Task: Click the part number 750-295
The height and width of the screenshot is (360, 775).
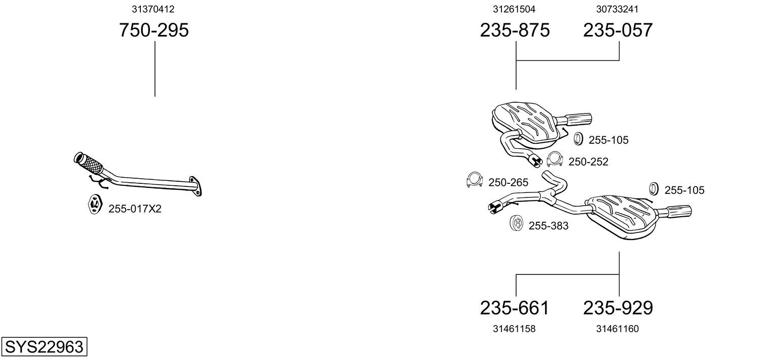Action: (154, 30)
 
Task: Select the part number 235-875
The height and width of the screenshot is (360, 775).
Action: (515, 30)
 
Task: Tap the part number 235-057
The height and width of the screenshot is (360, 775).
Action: (618, 30)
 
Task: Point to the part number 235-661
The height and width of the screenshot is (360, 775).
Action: (515, 308)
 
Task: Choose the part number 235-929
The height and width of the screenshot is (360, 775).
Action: (618, 308)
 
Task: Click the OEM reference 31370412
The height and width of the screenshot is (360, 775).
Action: (153, 9)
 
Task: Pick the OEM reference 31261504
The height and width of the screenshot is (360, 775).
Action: (514, 9)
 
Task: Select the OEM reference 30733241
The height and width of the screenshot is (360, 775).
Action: (617, 9)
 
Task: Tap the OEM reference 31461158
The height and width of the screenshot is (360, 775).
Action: (514, 329)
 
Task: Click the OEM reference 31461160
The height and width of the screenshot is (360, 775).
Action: (617, 329)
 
